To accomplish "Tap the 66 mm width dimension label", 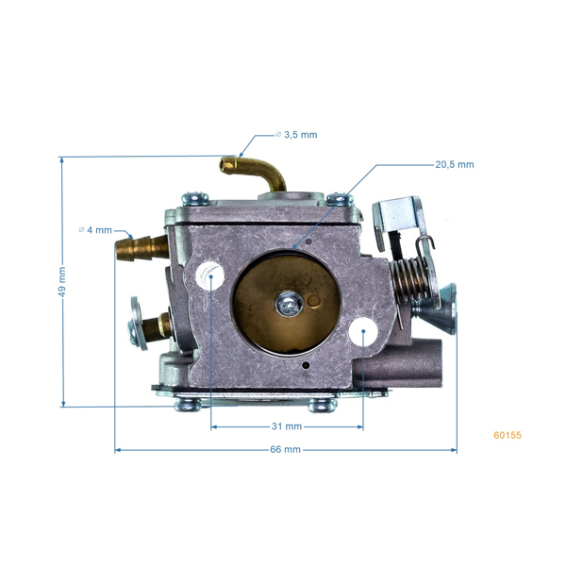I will point(285,450).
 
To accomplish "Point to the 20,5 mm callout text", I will point(454,164).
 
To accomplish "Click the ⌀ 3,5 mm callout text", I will point(296,135).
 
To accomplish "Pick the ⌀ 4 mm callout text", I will point(95,230).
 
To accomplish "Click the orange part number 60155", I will point(507,436).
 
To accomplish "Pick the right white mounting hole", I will point(363,332).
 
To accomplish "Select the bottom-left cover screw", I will point(187,405).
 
